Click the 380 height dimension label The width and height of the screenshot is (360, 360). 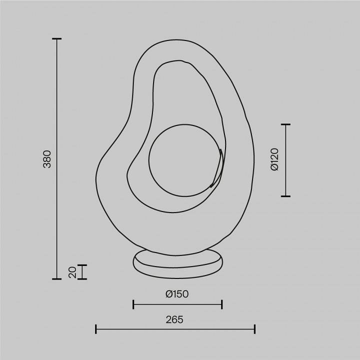(x=47, y=158)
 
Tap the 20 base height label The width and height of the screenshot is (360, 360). (x=72, y=272)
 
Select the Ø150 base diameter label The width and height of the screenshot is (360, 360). (x=177, y=294)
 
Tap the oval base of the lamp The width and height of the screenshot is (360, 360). (x=178, y=264)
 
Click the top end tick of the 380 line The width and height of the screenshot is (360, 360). (x=57, y=39)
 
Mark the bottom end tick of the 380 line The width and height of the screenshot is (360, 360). (x=57, y=278)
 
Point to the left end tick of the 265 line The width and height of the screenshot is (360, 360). (x=95, y=329)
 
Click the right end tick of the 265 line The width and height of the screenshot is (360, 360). (x=255, y=329)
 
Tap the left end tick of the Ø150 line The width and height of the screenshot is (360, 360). (x=133, y=304)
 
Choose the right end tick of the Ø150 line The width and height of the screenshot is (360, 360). (x=222, y=304)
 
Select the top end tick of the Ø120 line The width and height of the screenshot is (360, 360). (x=285, y=124)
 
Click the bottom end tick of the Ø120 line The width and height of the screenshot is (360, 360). (x=285, y=196)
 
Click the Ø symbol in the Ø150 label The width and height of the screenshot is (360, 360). (x=169, y=294)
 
